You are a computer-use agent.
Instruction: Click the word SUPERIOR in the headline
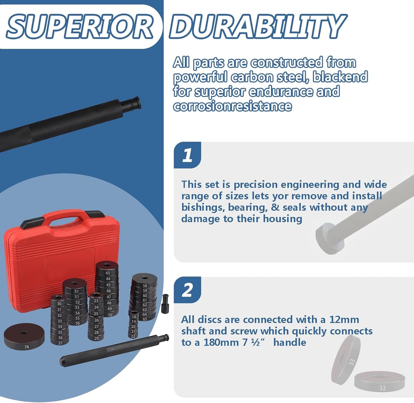80,26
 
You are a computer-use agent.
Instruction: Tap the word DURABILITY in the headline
258,26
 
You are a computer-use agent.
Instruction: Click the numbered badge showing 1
187,155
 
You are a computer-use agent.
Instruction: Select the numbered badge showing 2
187,290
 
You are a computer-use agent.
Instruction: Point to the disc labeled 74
24,336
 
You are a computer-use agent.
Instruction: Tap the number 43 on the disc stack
108,273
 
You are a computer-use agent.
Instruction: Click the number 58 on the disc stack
145,286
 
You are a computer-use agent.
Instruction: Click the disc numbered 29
96,338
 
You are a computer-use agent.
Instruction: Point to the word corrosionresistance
232,106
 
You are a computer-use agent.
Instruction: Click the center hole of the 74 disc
24,332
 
